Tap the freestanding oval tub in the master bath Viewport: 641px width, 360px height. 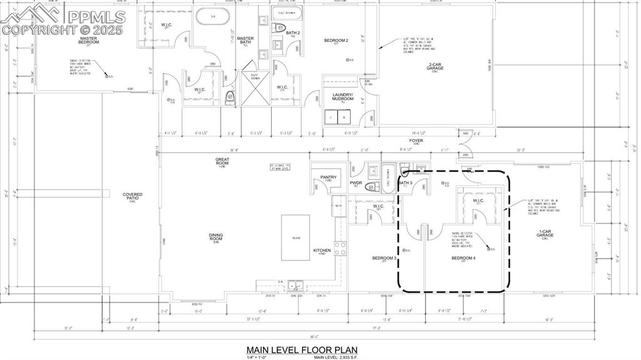click(x=213, y=16)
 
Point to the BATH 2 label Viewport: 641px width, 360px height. click(x=293, y=34)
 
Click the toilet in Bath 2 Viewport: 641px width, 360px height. click(x=279, y=28)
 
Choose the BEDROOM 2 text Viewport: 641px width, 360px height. click(x=336, y=41)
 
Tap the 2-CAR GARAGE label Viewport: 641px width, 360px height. click(x=435, y=66)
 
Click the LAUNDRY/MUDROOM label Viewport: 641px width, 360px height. click(x=342, y=97)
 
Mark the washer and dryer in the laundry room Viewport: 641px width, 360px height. click(x=337, y=116)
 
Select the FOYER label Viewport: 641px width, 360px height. click(x=416, y=141)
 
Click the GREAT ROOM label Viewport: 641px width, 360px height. click(x=222, y=161)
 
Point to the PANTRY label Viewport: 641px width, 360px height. click(x=329, y=178)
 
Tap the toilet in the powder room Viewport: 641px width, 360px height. click(x=371, y=187)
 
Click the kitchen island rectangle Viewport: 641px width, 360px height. click(x=295, y=237)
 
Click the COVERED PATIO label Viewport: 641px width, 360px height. click(x=132, y=196)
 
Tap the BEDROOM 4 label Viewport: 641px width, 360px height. click(x=463, y=258)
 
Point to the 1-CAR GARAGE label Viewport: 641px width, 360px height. click(x=545, y=234)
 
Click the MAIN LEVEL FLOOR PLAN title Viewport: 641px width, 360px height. click(x=302, y=349)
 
